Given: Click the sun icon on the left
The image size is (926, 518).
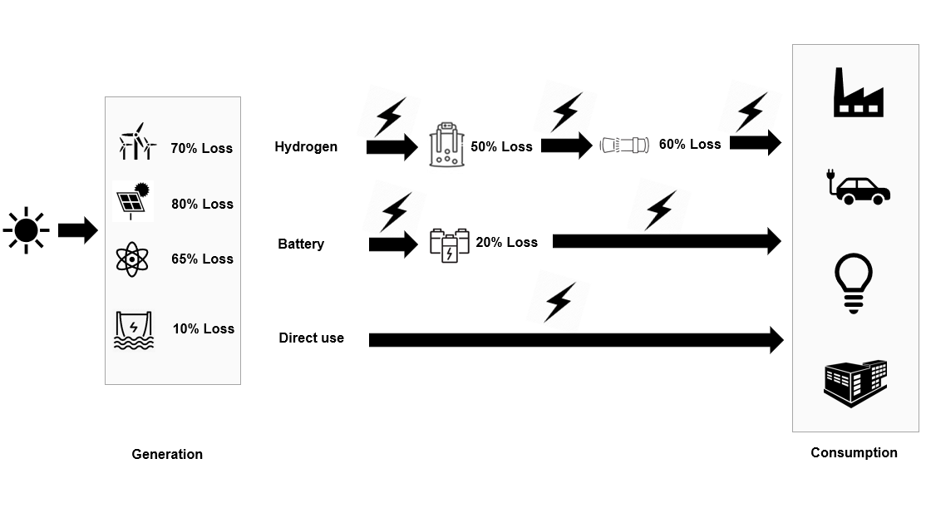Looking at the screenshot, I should [26, 229].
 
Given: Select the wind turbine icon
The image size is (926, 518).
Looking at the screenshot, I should [135, 142].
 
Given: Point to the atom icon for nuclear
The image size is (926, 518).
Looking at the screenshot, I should [132, 259].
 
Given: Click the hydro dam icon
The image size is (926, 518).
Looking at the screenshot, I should [134, 329].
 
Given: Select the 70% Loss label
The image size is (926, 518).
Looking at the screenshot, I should [202, 148].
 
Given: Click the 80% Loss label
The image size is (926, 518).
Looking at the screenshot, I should [202, 204].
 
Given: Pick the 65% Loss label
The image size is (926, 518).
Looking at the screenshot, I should [202, 259].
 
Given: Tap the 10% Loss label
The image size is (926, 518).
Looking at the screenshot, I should [204, 328].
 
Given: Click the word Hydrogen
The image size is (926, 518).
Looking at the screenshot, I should [306, 146].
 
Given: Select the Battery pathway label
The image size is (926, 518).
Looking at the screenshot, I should [301, 244].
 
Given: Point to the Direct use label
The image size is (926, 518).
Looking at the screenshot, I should [311, 338].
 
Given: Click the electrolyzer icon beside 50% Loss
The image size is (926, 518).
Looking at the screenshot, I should [447, 145].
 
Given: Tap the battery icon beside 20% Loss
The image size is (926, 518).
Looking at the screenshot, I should [449, 244].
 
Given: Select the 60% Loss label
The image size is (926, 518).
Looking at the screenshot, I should [690, 144].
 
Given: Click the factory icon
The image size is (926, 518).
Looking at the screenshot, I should [858, 93].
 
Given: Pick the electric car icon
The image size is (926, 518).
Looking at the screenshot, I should [857, 188].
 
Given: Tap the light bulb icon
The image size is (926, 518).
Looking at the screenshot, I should [853, 283].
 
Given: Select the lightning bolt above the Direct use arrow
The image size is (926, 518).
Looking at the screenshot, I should [559, 302].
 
